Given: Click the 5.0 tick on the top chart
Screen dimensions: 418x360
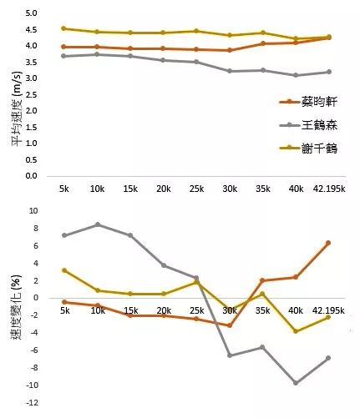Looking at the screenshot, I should (31, 14).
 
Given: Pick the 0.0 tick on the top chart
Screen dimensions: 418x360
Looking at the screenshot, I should (31, 176).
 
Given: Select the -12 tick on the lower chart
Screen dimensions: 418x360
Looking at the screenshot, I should (31, 403).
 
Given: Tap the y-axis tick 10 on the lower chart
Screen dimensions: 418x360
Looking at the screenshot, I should (33, 212).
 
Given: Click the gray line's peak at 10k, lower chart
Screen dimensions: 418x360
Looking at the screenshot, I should (97, 224).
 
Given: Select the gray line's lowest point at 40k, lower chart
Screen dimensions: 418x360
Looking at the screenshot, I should (295, 383).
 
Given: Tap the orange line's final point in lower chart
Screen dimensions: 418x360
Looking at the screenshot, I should (328, 243).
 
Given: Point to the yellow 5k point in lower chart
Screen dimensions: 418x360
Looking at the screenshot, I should (64, 270).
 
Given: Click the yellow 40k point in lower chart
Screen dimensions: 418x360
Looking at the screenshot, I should (295, 331).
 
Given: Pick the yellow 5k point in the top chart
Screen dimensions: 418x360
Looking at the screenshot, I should (64, 28).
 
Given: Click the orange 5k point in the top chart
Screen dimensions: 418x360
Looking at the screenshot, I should (64, 47).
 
